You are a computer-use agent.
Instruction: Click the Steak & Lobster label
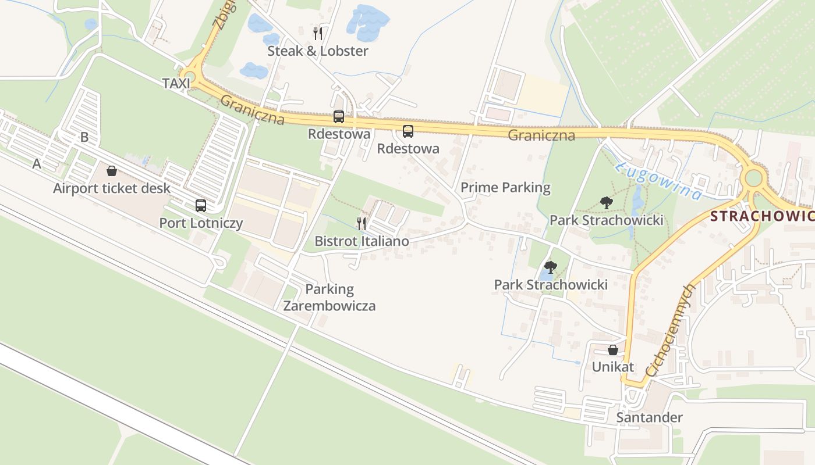(318, 51)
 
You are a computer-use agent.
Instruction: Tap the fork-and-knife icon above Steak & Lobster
(318, 33)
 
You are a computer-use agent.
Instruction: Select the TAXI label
(176, 84)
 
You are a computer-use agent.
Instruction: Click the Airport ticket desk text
(112, 188)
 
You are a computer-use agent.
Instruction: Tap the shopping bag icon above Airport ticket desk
(112, 171)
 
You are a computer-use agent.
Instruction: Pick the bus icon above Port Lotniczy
(201, 205)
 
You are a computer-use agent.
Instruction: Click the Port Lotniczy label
(201, 223)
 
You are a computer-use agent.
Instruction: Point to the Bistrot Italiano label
(362, 241)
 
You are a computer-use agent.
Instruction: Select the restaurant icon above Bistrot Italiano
(362, 223)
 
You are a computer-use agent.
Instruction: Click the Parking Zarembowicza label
(329, 298)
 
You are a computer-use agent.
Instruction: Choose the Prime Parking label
(505, 188)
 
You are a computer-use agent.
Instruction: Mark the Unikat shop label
(612, 367)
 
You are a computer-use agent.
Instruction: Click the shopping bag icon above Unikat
(612, 350)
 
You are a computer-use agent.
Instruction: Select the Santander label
(649, 417)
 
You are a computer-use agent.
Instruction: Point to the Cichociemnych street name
(671, 330)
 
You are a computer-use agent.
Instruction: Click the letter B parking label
(84, 137)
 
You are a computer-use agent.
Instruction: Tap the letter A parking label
(37, 164)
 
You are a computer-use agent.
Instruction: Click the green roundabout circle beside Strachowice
(753, 177)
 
